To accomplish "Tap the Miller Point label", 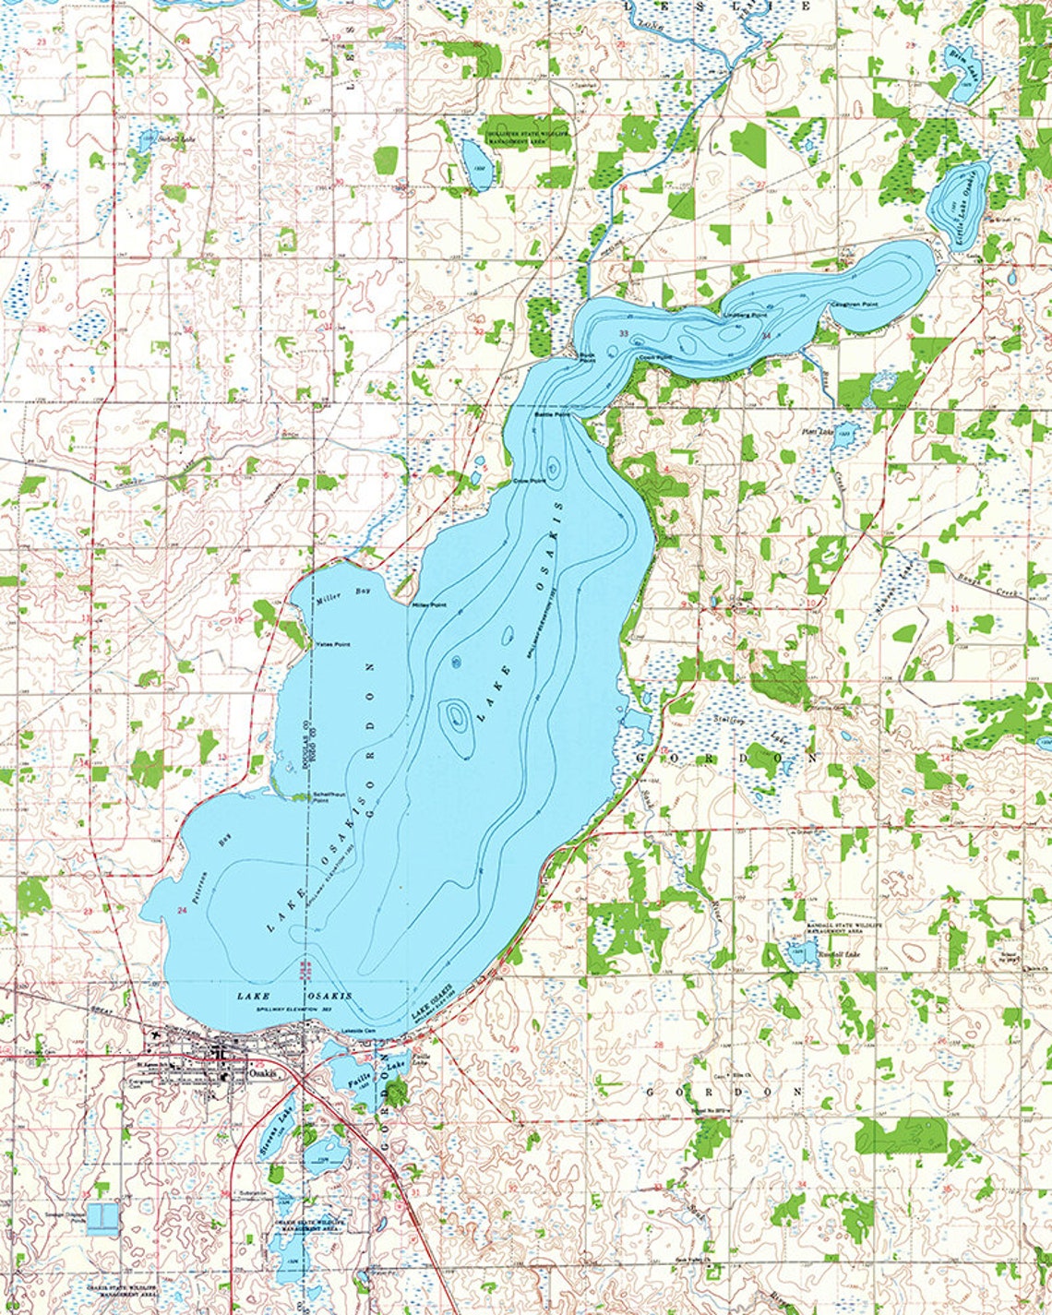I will coord(428,605).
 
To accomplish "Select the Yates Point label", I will coord(332,643).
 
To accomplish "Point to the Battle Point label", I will coord(553,415).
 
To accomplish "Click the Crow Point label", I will coord(527,482).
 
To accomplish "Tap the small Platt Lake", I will coord(844,435).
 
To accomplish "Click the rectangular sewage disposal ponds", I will coord(102,1218).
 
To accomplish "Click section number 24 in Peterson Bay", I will coord(182,911).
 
